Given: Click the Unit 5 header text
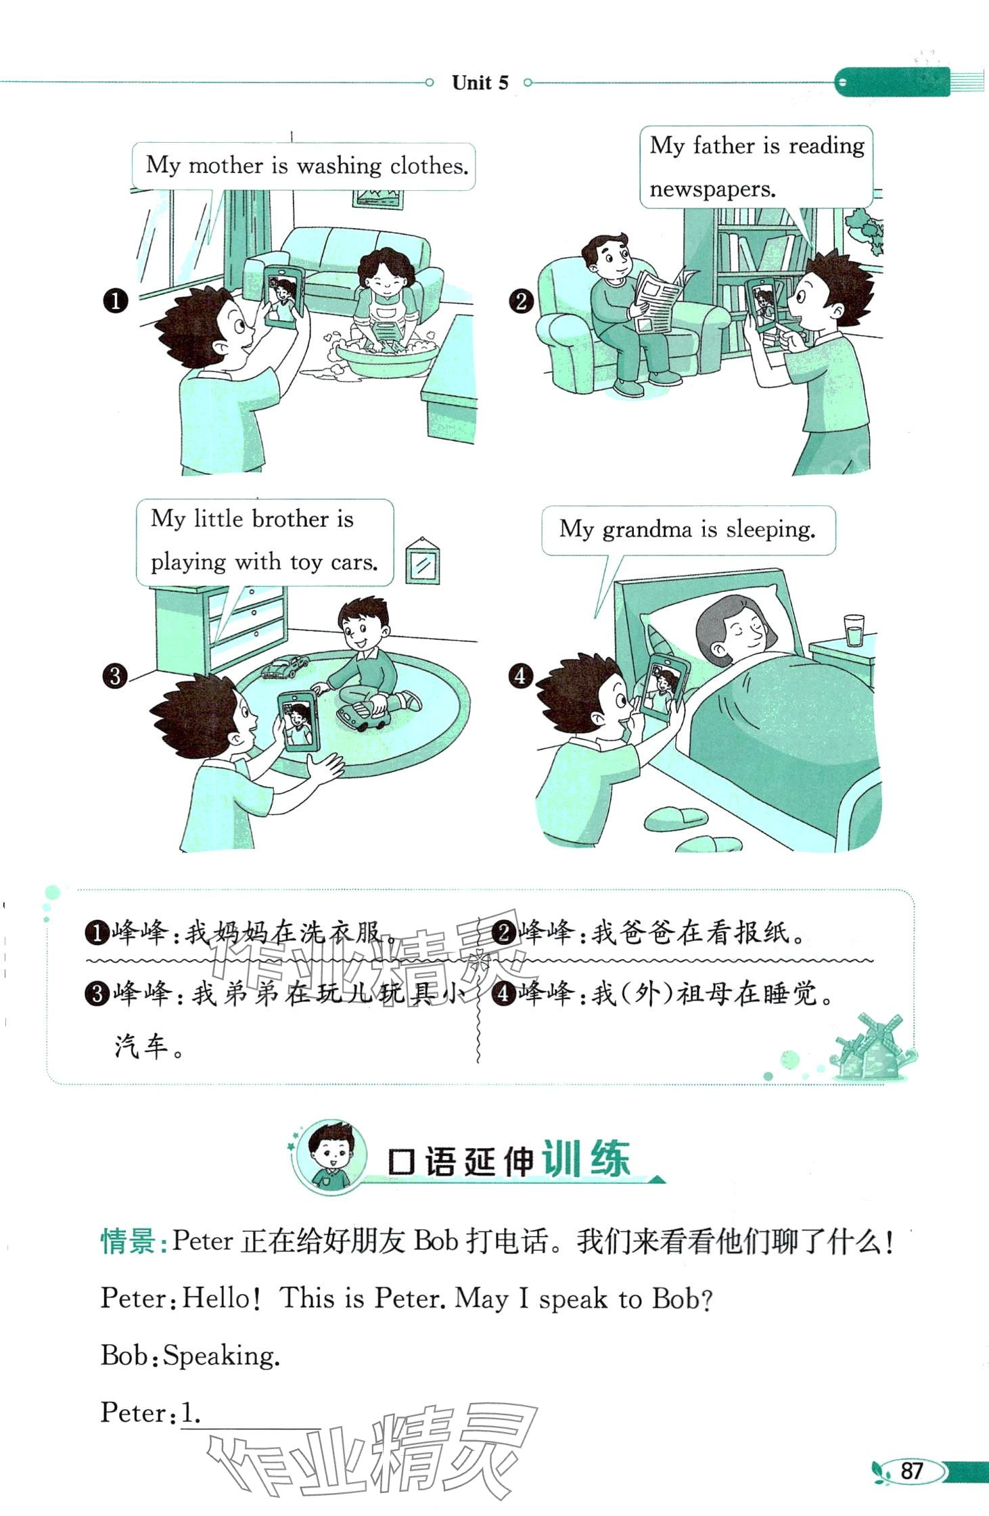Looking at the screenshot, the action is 480,83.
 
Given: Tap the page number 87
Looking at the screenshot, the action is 912,1470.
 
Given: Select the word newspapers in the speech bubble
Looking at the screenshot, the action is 712,189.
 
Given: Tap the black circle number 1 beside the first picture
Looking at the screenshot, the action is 116,301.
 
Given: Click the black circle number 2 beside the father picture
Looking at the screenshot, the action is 521,301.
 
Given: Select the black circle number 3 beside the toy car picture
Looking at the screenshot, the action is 115,676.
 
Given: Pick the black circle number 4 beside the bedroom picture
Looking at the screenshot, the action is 520,676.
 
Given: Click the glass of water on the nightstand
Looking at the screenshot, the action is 854,630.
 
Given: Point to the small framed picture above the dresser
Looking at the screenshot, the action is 422,561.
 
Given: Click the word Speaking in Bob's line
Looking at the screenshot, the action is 221,1356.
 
